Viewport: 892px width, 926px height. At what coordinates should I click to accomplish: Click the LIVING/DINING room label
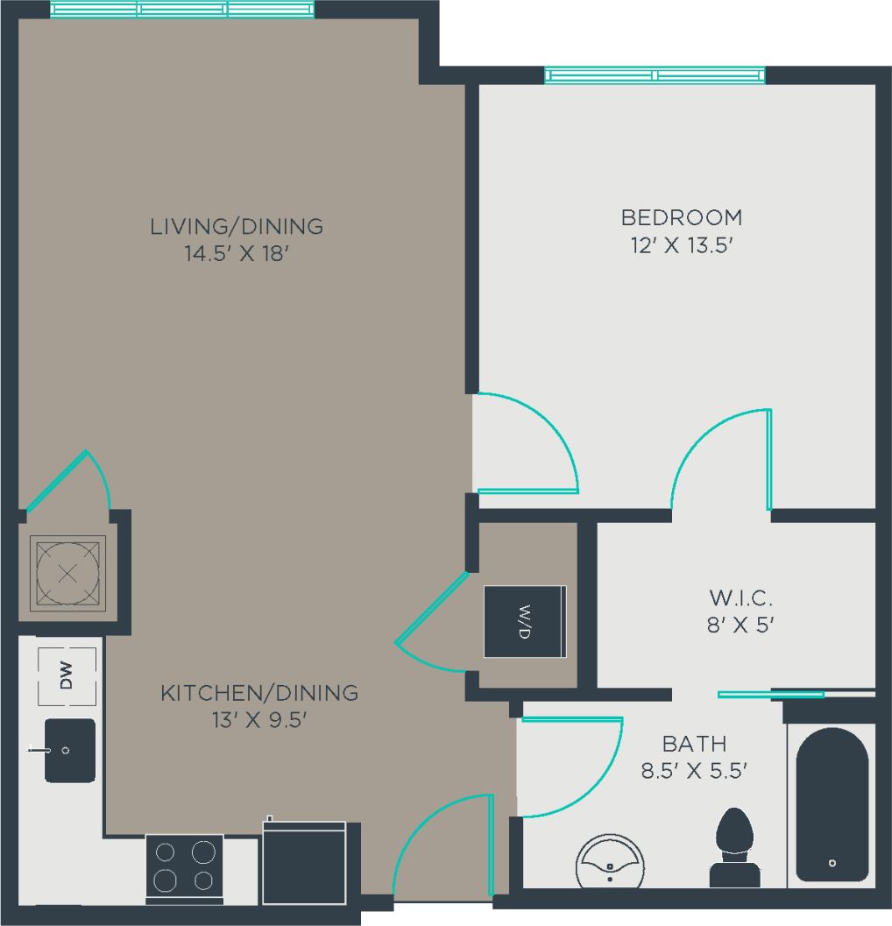(x=237, y=226)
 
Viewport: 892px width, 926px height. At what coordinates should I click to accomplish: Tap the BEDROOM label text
(x=681, y=216)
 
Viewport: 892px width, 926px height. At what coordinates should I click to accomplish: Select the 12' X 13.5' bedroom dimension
(x=681, y=246)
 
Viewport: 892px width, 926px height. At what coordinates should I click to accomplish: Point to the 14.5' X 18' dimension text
(x=237, y=255)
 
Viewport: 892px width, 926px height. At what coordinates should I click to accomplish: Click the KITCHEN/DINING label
(x=259, y=693)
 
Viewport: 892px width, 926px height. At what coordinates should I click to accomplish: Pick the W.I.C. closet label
(x=740, y=599)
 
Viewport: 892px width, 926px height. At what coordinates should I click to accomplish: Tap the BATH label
(x=694, y=745)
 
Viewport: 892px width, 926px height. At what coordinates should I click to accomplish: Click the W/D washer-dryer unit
(x=525, y=621)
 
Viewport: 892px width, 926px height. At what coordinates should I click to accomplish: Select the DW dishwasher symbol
(x=67, y=675)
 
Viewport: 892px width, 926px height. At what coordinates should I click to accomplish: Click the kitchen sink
(x=69, y=751)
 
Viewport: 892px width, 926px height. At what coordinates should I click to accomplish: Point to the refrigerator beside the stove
(x=304, y=862)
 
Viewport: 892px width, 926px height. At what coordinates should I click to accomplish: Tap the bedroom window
(x=655, y=76)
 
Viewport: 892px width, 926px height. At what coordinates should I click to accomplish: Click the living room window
(x=182, y=10)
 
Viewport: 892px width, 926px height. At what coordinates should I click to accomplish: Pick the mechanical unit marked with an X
(x=67, y=574)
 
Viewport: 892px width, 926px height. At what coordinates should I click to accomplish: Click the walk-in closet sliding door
(x=771, y=695)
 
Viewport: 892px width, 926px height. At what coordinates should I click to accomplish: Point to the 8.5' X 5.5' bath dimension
(x=694, y=772)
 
